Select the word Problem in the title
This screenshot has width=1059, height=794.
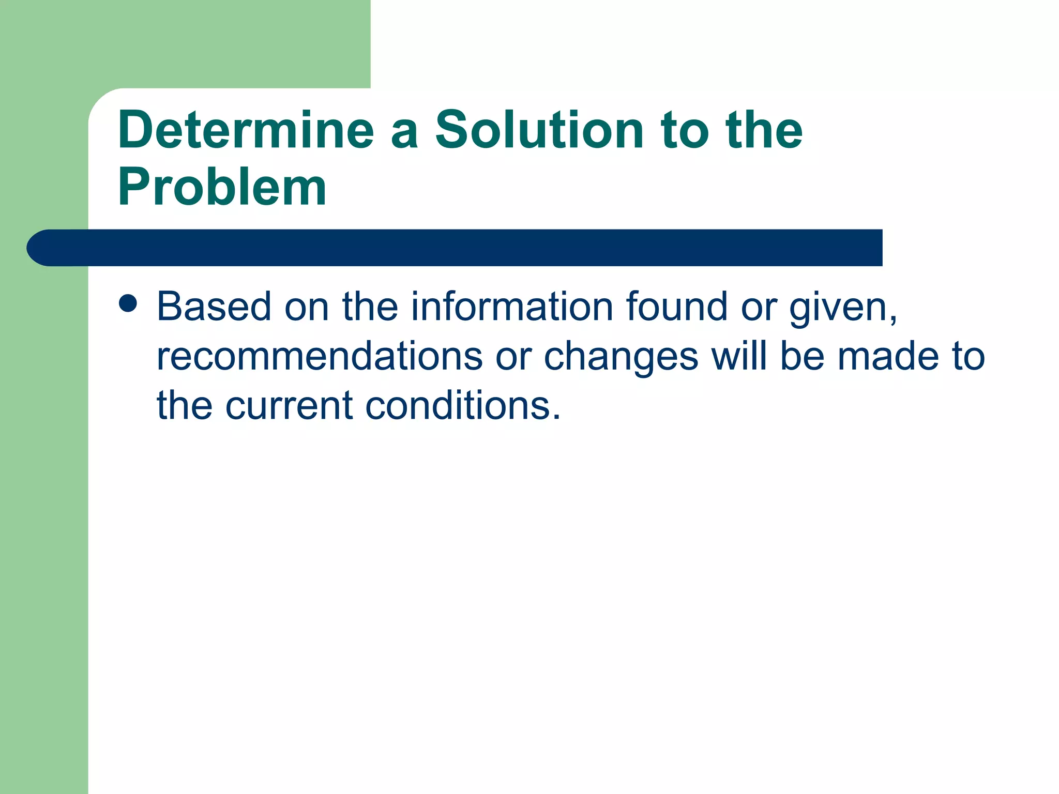pyautogui.click(x=222, y=187)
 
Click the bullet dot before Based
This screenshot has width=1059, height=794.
pyautogui.click(x=128, y=304)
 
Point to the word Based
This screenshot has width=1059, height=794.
pyautogui.click(x=214, y=307)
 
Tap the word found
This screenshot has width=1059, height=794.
pyautogui.click(x=677, y=307)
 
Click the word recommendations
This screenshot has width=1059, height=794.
pyautogui.click(x=320, y=357)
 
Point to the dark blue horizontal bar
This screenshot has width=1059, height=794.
pyautogui.click(x=465, y=248)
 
